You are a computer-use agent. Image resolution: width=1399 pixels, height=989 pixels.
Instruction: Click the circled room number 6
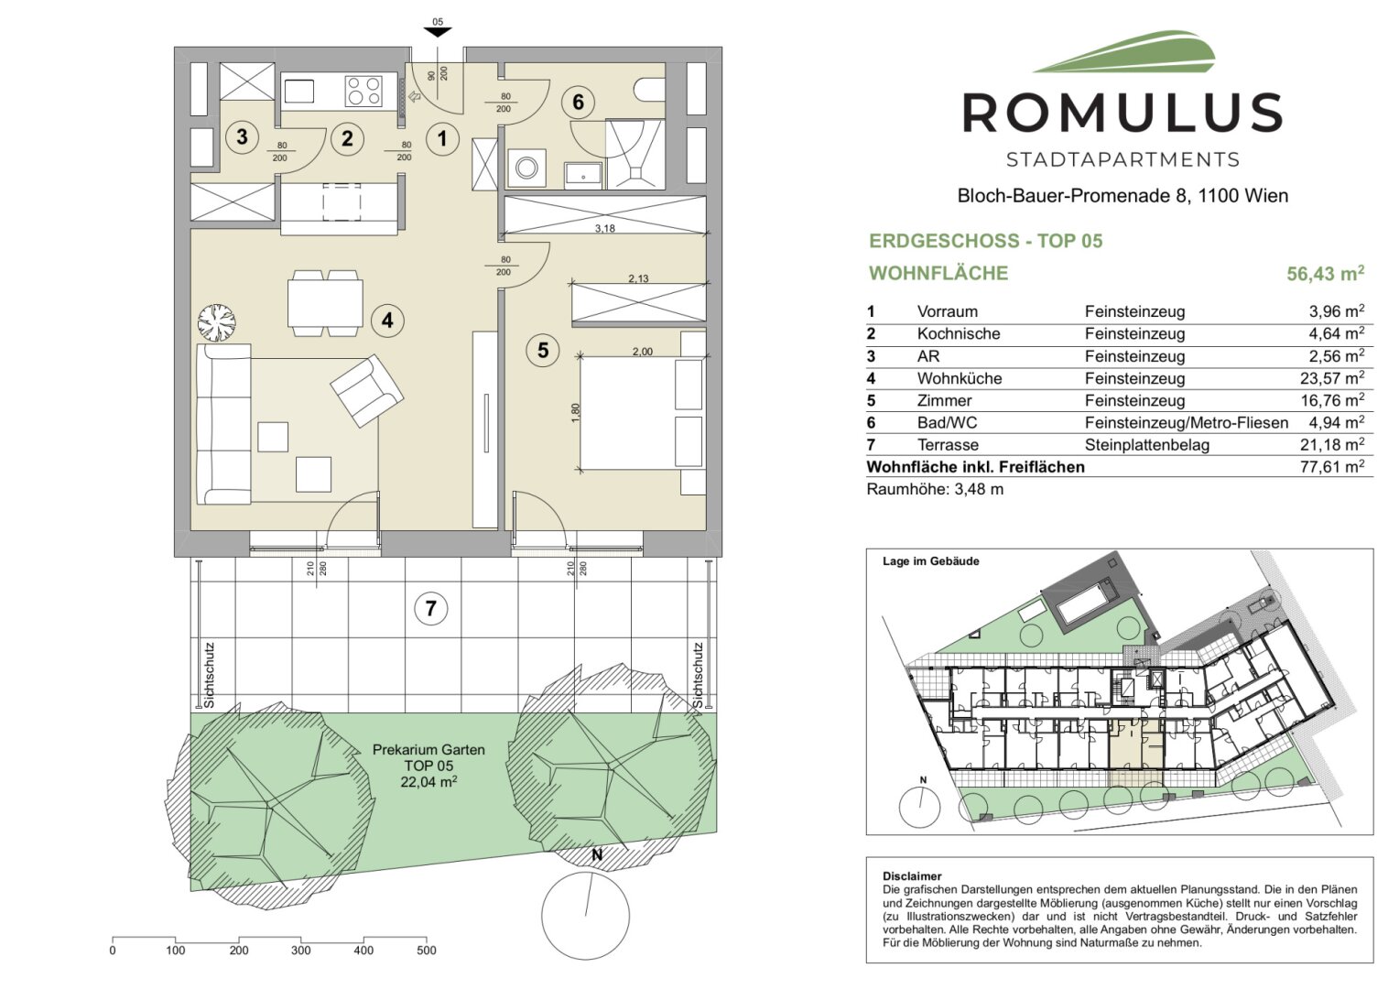point(578,102)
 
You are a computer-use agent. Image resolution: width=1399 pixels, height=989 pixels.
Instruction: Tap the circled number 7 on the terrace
point(431,608)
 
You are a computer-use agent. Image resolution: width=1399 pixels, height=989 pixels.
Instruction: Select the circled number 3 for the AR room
point(242,136)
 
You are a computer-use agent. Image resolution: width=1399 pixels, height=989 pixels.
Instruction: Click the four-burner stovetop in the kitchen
point(364,92)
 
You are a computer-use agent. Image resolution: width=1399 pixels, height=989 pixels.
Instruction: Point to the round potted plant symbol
point(217,322)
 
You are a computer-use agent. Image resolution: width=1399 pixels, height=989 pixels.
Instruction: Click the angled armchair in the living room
point(366,391)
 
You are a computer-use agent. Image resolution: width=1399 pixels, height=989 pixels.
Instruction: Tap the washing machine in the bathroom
point(527,168)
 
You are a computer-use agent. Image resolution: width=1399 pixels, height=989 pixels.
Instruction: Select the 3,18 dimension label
point(604,229)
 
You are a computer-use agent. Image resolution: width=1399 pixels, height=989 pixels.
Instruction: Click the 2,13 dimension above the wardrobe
point(638,278)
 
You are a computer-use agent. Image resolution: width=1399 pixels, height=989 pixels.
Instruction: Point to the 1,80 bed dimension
point(576,412)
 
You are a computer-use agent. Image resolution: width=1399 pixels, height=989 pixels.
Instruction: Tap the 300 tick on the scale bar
point(301,951)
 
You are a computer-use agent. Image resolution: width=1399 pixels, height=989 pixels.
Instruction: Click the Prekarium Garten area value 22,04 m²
point(428,781)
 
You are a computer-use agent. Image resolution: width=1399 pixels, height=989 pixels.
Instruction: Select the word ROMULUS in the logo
point(1122,113)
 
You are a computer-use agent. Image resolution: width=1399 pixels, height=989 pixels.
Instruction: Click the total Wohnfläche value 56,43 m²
point(1326,273)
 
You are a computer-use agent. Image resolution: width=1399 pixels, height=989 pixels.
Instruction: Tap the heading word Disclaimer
point(912,876)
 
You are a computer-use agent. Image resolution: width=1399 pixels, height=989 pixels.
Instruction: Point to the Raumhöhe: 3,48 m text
point(935,489)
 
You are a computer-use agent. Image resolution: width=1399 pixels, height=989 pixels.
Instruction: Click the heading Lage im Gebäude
point(930,561)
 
